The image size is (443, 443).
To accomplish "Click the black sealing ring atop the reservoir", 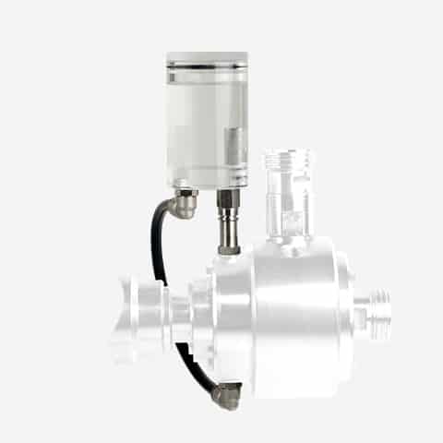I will [x=207, y=66].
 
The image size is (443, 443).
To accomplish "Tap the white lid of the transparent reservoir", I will [x=207, y=57].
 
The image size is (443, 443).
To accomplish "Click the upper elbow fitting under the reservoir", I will [x=185, y=203].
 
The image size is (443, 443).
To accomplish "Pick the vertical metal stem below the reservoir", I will [x=226, y=217].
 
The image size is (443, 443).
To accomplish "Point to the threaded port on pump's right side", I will [x=377, y=309].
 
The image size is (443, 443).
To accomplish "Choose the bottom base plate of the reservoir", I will [x=207, y=184].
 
